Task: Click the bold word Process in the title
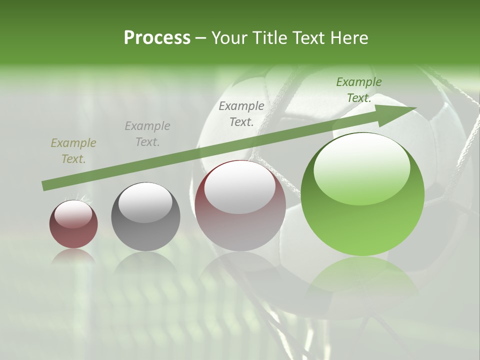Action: (x=157, y=38)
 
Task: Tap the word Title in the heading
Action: (x=269, y=38)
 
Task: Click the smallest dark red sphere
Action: (x=73, y=224)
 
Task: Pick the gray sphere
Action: (x=145, y=217)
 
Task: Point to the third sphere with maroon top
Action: (x=240, y=206)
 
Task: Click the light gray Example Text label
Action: (x=147, y=134)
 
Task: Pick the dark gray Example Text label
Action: (x=241, y=113)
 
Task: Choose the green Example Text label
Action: (x=358, y=90)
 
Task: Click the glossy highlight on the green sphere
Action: (x=361, y=168)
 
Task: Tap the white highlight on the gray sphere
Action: (x=145, y=202)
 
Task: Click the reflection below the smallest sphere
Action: (x=73, y=256)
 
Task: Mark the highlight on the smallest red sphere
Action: (x=73, y=213)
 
